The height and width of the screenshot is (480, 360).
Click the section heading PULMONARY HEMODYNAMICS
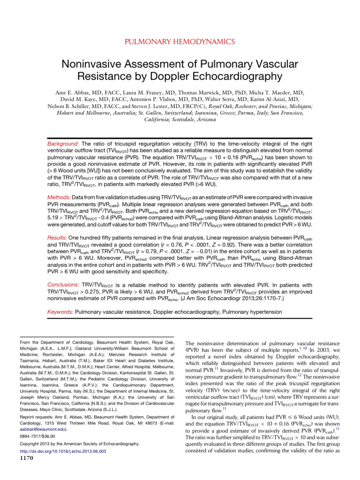pyautogui.click(x=180, y=42)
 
